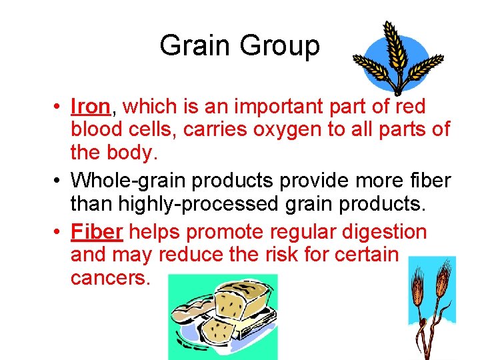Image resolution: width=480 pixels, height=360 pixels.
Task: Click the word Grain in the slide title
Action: pyautogui.click(x=196, y=46)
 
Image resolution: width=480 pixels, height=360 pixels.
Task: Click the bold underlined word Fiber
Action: pyautogui.click(x=97, y=232)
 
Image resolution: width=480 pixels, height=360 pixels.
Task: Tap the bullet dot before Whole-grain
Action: pyautogui.click(x=59, y=180)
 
